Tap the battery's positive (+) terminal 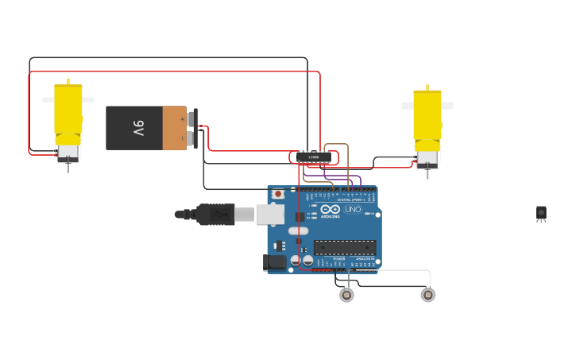(190, 118)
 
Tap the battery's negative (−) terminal (190, 138)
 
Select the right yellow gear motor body (427, 114)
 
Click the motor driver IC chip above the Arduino (314, 157)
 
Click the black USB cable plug (215, 214)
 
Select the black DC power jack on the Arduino (275, 261)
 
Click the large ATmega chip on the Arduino (344, 247)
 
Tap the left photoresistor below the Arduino (346, 295)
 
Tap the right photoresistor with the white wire (427, 295)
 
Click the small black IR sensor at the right (541, 212)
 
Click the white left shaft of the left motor (48, 99)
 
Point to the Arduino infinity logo (330, 209)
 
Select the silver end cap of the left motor (68, 150)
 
